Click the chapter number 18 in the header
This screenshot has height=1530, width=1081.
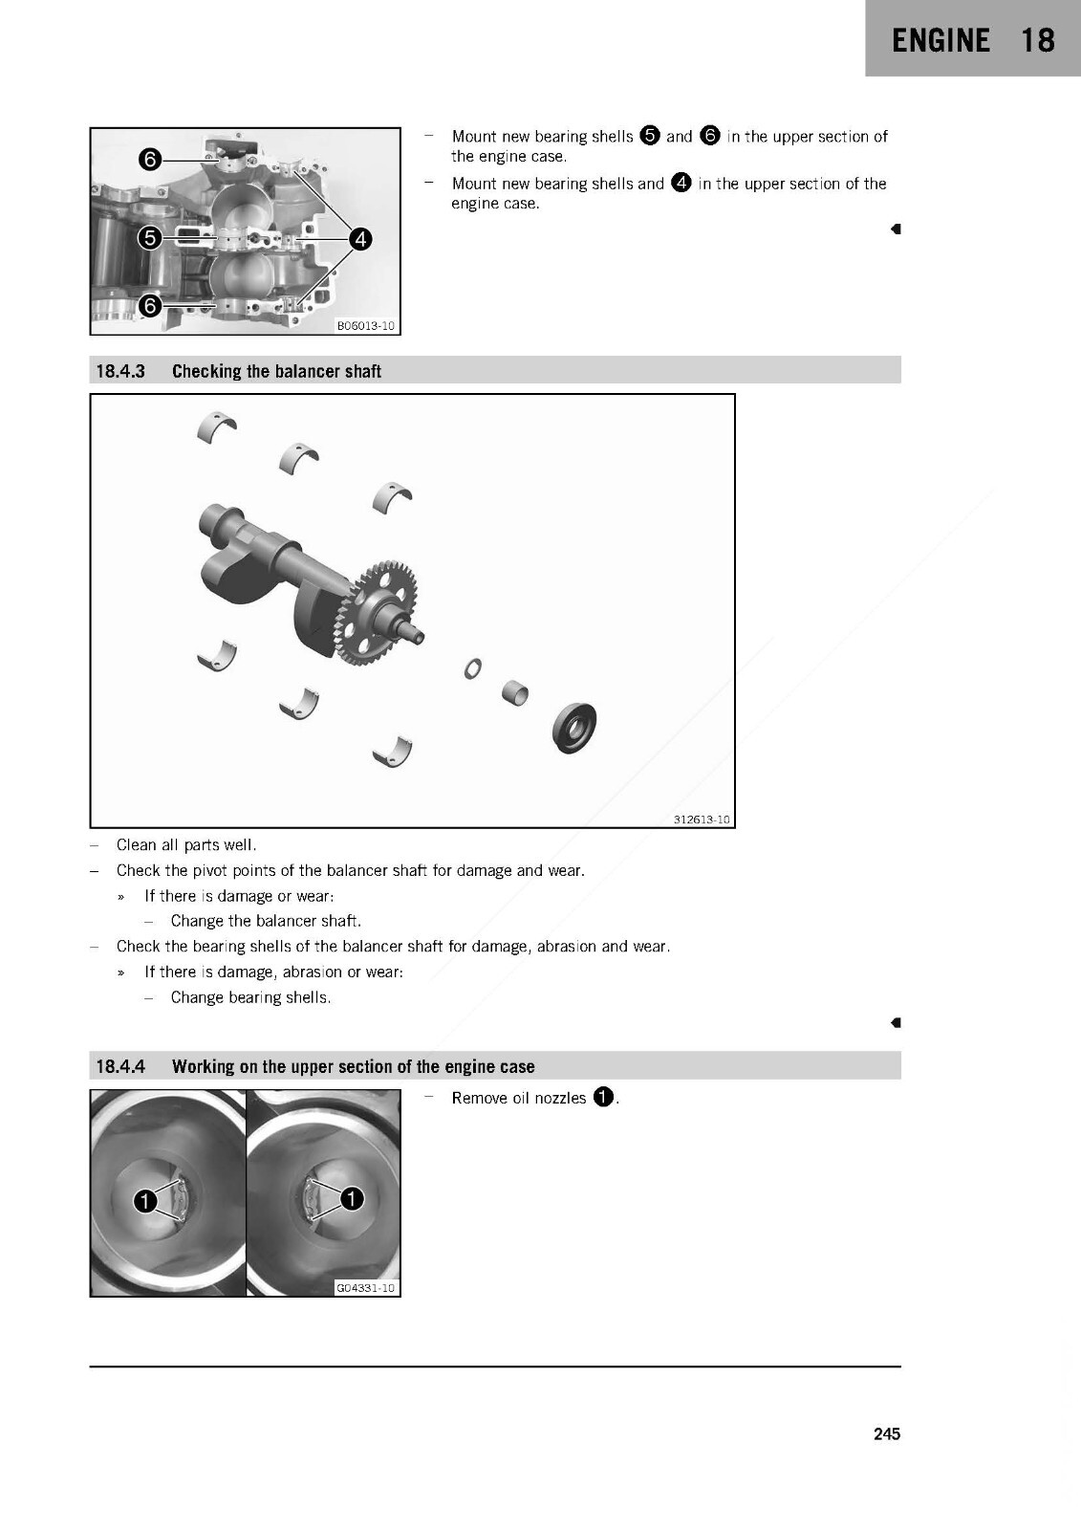tap(1037, 40)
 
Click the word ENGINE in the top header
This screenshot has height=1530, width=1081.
tap(940, 40)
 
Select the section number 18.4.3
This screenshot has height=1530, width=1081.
tap(120, 371)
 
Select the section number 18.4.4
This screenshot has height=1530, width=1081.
tap(120, 1066)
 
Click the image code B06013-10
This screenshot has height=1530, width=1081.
tap(365, 326)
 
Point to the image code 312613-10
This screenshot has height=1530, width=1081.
tap(702, 819)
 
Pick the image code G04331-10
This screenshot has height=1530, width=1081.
tap(365, 1287)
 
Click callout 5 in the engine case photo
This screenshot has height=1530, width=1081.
tap(149, 238)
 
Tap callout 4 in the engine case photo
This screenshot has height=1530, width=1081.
tap(360, 239)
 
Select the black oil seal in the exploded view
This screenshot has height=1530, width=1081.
tap(574, 727)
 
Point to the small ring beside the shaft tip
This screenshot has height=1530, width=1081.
tap(472, 668)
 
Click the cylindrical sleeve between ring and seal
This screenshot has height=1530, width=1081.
tap(515, 692)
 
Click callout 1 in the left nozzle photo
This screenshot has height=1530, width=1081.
tap(144, 1200)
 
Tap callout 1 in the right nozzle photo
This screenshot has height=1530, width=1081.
tap(352, 1198)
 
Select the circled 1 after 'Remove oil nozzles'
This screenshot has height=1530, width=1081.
tap(603, 1097)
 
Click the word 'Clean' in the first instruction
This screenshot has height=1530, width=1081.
tap(135, 845)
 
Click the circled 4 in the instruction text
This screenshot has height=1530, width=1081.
tap(681, 183)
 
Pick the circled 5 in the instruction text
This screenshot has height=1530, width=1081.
tap(649, 135)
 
